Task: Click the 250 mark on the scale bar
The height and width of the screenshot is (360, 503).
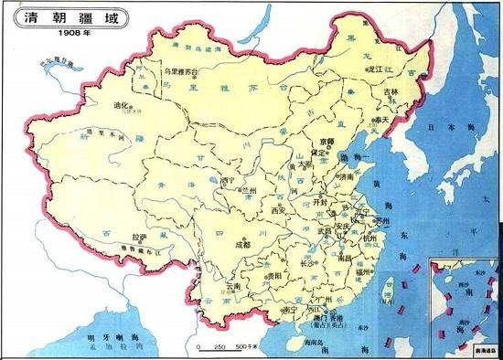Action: [x=219, y=348]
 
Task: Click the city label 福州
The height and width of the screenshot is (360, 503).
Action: [x=360, y=271]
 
